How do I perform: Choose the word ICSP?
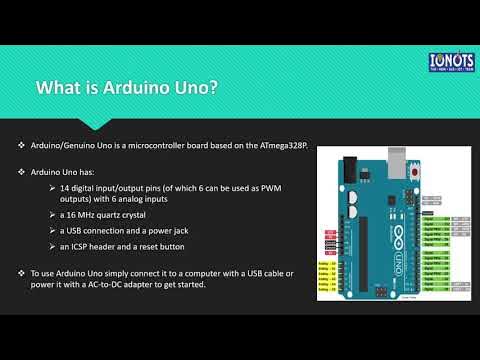pyautogui.click(x=85, y=247)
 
